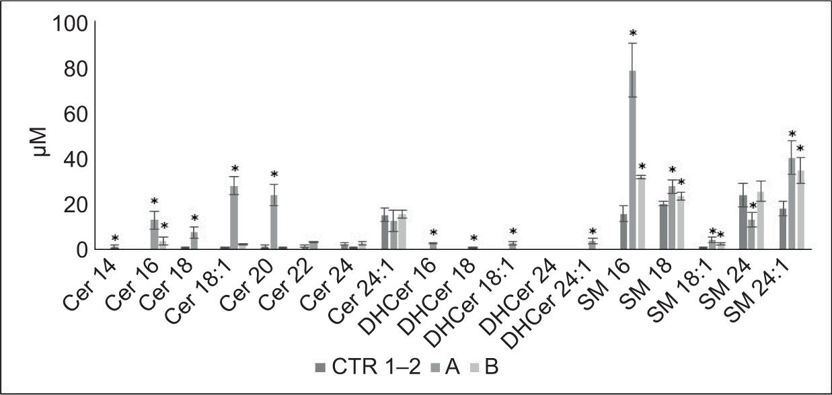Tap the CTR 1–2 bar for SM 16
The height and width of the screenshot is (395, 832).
click(x=623, y=232)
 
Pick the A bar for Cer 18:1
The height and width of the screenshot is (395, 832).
click(x=234, y=218)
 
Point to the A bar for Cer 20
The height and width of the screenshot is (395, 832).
click(x=274, y=222)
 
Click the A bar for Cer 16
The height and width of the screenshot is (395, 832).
click(x=154, y=234)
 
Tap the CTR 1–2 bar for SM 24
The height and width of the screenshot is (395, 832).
click(x=743, y=222)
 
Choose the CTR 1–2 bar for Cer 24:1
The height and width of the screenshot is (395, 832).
click(x=385, y=232)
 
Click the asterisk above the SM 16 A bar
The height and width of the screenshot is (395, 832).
click(x=632, y=34)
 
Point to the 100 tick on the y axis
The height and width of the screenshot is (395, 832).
click(x=70, y=24)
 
